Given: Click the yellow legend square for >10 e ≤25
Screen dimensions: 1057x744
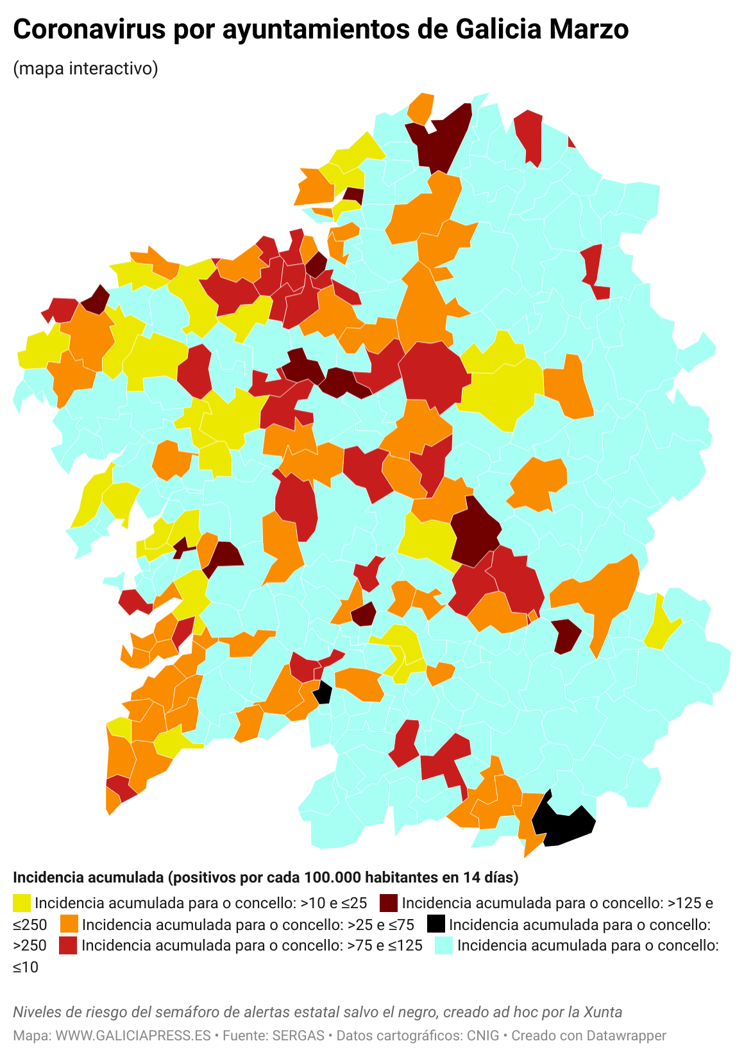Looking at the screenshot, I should tap(22, 903).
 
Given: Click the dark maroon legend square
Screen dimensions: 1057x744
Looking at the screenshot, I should tap(389, 903).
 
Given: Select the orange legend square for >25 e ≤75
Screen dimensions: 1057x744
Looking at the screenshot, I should tap(69, 924).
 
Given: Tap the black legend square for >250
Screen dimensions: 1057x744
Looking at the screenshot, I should tap(435, 924).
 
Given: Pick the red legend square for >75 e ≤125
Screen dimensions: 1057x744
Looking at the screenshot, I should tap(68, 945).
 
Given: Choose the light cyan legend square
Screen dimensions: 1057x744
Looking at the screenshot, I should tap(444, 945).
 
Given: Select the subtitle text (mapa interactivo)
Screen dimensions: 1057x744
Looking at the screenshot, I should tap(85, 68).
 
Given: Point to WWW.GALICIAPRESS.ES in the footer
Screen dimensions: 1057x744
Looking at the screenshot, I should tap(133, 1036).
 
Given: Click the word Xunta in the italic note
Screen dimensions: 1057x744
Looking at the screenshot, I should tap(602, 1012).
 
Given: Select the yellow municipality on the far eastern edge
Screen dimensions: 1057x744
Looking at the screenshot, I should tap(661, 625).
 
